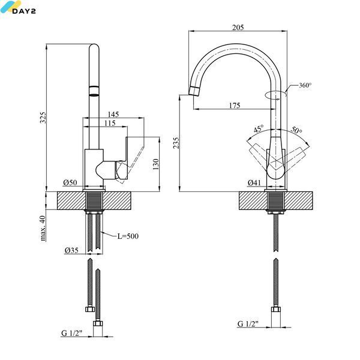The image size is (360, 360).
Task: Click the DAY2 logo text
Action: tap(24, 11)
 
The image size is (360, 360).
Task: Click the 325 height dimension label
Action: tap(43, 118)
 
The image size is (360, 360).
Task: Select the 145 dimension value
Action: tap(113, 114)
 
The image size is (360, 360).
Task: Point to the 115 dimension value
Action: tap(110, 123)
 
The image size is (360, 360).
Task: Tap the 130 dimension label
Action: tap(155, 164)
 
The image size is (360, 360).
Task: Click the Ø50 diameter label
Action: tap(70, 182)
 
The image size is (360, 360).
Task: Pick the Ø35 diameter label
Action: tap(71, 250)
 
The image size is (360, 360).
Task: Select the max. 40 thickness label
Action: tap(43, 228)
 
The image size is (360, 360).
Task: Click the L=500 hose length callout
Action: tap(128, 236)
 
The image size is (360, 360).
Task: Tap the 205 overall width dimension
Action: tap(238, 28)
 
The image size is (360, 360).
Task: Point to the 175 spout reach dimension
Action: tap(235, 106)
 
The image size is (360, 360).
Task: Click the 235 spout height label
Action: tap(176, 143)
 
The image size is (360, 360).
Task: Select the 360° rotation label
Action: tap(305, 85)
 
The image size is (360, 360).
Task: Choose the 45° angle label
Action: tap(259, 128)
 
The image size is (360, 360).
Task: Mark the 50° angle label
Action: tap(296, 130)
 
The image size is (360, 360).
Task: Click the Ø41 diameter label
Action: tap(254, 182)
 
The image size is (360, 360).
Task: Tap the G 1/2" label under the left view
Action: tap(71, 333)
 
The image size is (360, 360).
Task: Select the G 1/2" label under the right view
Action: tap(248, 324)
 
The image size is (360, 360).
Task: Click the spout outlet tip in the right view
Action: tap(193, 91)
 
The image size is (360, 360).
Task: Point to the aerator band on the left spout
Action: tap(94, 91)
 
